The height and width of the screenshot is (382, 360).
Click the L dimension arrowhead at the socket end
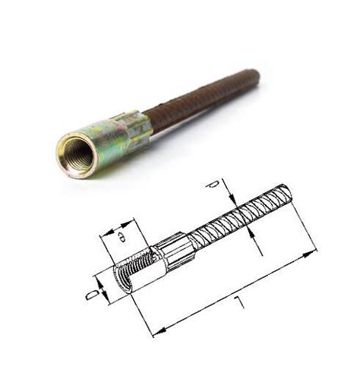click(157, 331)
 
